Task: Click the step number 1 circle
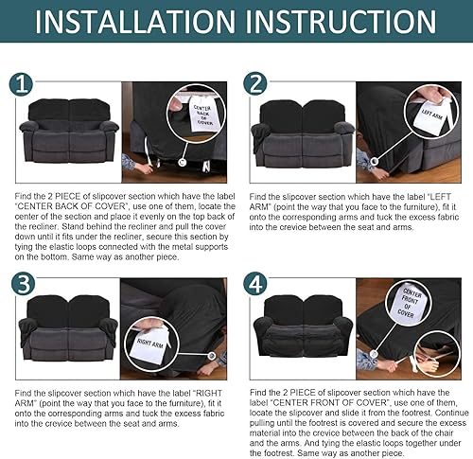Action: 21,84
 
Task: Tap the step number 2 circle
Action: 255,83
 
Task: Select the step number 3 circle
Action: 23,284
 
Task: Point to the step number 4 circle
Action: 255,284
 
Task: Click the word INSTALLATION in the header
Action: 135,22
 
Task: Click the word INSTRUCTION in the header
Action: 341,22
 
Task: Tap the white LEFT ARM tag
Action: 431,117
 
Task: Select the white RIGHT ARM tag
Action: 150,344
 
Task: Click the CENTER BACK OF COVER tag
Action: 201,115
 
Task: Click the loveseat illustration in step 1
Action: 69,131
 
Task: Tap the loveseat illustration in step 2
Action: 303,133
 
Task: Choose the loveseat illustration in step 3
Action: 68,328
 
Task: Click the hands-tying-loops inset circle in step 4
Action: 437,354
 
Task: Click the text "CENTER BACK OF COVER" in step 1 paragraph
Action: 70,206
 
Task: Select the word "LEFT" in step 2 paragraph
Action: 441,197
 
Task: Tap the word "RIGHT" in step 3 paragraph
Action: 209,394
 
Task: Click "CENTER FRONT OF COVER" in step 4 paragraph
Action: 329,403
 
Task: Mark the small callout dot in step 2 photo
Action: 375,161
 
